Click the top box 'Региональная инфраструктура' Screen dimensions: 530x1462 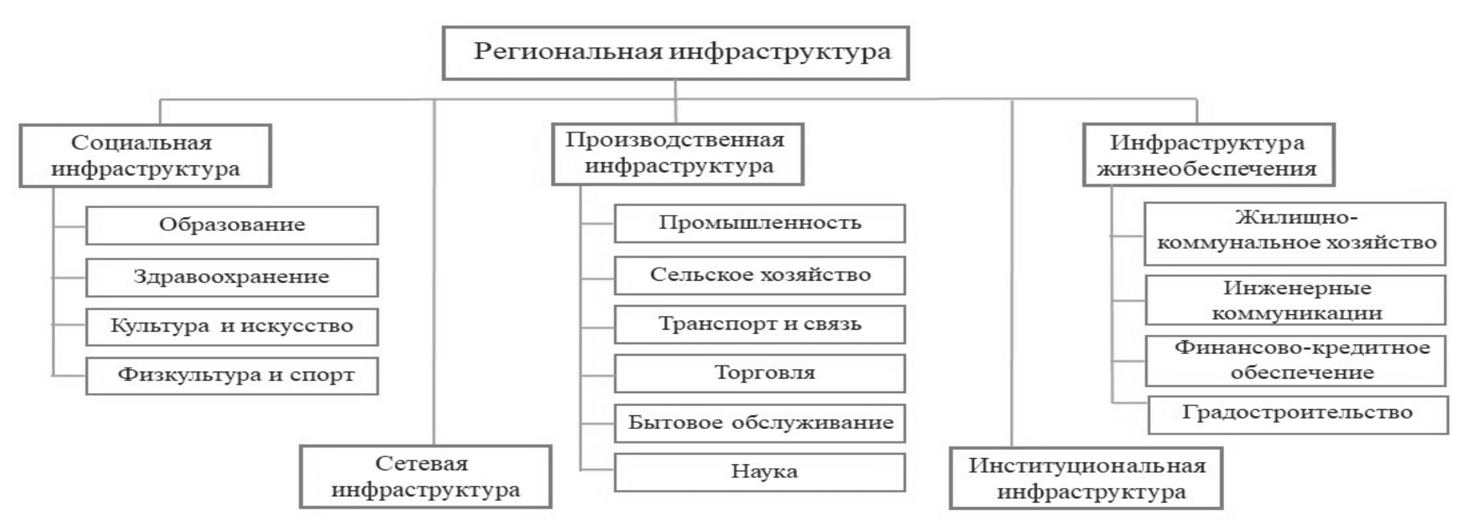675,53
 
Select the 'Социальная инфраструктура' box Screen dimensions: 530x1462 145,155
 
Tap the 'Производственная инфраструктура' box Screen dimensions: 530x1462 677,154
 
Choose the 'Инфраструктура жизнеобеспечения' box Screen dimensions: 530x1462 1208,155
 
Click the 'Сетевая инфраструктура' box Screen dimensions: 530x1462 425,476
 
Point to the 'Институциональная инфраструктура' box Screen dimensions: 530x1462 1086,478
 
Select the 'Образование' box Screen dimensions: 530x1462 232,225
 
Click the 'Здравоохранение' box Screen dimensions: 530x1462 232,277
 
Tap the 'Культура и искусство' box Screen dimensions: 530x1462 232,327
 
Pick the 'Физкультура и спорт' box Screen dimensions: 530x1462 232,376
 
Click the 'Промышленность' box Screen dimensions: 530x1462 760,223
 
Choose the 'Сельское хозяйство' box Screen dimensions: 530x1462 760,275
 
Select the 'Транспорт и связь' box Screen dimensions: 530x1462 760,324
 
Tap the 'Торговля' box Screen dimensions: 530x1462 760,373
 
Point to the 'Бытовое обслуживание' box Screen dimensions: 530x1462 760,423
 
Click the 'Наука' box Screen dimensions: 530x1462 760,472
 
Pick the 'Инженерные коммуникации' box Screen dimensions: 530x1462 1295,300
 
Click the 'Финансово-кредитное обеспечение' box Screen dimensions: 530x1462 1295,360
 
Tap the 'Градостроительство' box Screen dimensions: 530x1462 1298,414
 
